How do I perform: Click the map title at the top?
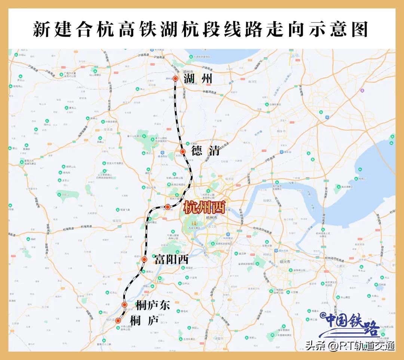[201, 29]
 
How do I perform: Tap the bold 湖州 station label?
[198, 79]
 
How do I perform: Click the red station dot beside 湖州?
[175, 79]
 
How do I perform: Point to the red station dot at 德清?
[183, 151]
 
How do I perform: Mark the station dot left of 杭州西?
[168, 207]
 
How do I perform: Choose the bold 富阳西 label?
[172, 259]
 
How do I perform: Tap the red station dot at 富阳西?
[144, 259]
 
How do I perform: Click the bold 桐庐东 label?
[153, 305]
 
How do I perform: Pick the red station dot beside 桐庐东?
[125, 305]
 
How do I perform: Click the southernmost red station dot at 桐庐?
[118, 320]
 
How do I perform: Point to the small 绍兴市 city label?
[285, 261]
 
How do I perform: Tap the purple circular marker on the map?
[362, 90]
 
